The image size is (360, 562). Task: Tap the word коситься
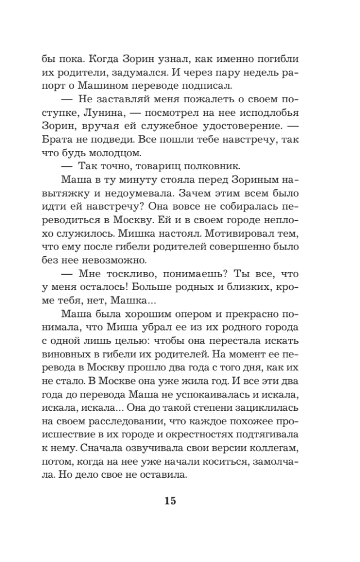(x=227, y=462)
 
